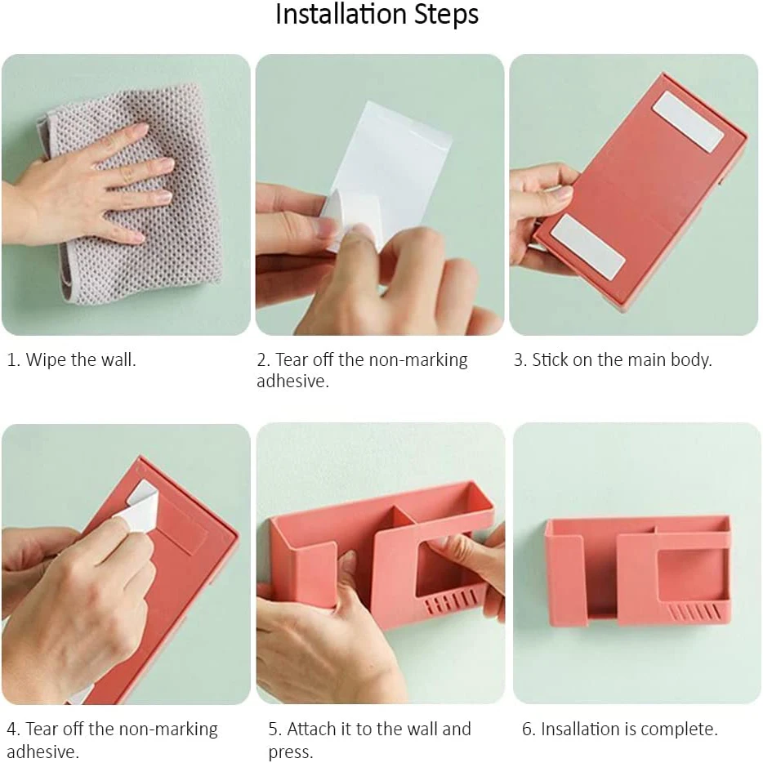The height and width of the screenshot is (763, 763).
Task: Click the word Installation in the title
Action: pyautogui.click(x=341, y=14)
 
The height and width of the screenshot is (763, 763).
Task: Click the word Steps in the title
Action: pyautogui.click(x=447, y=15)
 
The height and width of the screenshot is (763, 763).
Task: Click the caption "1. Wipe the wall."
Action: pyautogui.click(x=72, y=359)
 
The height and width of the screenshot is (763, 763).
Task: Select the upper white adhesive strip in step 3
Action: pyautogui.click(x=688, y=121)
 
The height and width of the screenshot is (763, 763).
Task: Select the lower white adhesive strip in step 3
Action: pyautogui.click(x=588, y=248)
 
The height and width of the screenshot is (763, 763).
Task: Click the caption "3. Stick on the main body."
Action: pyautogui.click(x=613, y=359)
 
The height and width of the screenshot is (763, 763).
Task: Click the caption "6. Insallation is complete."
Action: pyautogui.click(x=620, y=729)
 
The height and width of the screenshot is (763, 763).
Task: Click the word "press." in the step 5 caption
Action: pyautogui.click(x=291, y=752)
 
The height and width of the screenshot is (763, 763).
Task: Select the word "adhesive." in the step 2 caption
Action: pyautogui.click(x=293, y=381)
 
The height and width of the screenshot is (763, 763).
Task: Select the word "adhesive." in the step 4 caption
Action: pyautogui.click(x=42, y=751)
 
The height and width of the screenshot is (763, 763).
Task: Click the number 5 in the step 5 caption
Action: pyautogui.click(x=274, y=730)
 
